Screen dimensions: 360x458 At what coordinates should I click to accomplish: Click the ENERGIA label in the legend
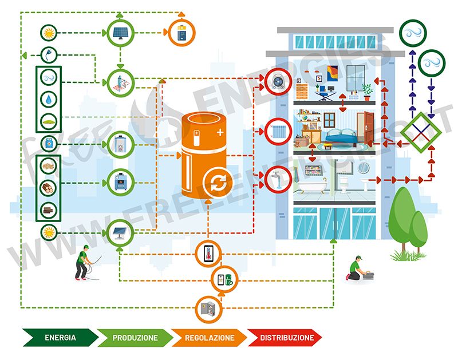(x=60, y=338)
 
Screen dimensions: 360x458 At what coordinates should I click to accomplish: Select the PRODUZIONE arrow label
(x=135, y=338)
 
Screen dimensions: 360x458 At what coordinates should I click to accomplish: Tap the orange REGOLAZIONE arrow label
(x=210, y=338)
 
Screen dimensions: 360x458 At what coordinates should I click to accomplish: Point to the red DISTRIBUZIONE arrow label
(x=287, y=338)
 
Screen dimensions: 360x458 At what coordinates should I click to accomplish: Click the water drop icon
(x=49, y=98)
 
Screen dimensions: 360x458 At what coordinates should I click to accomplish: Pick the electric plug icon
(x=49, y=54)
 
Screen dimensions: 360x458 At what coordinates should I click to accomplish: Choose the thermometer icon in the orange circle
(x=208, y=254)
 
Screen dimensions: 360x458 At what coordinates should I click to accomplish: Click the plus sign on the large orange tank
(x=220, y=133)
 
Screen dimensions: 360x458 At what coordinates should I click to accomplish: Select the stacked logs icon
(x=49, y=188)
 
